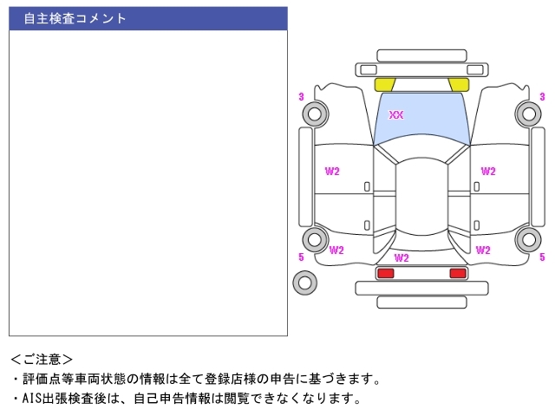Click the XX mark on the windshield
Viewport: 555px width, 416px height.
(x=396, y=115)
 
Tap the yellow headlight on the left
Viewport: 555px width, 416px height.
(x=384, y=84)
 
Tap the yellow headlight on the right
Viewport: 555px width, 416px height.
(x=459, y=84)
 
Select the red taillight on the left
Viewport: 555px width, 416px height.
(x=385, y=273)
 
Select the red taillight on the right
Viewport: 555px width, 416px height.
(x=457, y=273)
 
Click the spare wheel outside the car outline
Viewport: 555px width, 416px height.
(x=304, y=282)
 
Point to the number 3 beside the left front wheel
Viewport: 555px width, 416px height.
(x=301, y=96)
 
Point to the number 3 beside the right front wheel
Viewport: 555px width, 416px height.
(x=542, y=96)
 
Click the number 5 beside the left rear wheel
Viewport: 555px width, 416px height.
(x=301, y=257)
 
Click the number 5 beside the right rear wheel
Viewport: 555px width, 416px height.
(x=542, y=257)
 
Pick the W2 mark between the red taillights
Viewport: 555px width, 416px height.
(x=402, y=257)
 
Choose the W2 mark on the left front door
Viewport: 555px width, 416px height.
(x=332, y=171)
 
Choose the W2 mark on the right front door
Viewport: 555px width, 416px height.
(x=488, y=171)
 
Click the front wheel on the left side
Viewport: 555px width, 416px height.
(x=315, y=113)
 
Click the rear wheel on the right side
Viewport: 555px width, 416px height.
(x=527, y=240)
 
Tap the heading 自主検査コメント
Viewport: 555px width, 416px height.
(x=75, y=18)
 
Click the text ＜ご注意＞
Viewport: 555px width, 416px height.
(x=42, y=359)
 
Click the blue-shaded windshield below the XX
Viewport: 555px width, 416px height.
(x=421, y=130)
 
